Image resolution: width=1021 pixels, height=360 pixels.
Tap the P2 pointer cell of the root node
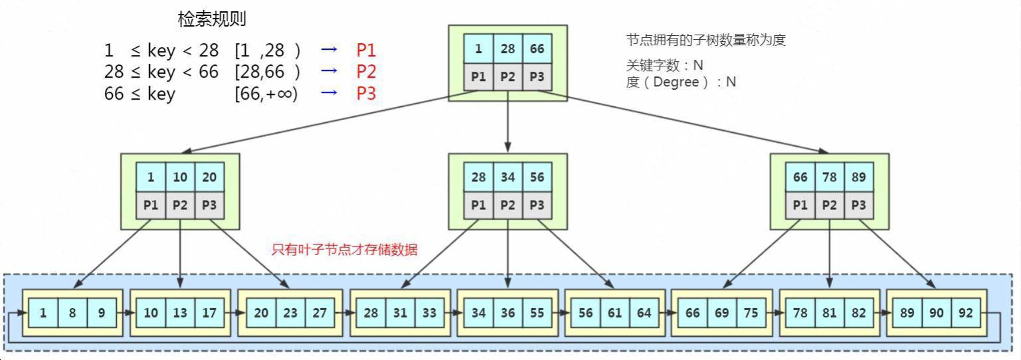point(508,76)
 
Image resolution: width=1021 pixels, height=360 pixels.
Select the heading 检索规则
point(212,19)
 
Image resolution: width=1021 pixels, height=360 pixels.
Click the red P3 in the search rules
point(366,94)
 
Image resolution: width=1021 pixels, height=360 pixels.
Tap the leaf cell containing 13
point(180,312)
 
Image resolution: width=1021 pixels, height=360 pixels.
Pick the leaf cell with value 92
point(965,312)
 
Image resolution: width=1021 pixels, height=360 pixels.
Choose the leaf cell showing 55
point(537,312)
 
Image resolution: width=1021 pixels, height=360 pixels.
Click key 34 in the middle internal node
point(508,178)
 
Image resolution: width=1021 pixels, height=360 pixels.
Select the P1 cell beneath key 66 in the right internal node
point(800,205)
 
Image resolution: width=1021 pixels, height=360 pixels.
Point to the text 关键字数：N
point(664,66)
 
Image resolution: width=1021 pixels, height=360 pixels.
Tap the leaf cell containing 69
point(721,312)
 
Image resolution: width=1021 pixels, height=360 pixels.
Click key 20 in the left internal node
point(209,178)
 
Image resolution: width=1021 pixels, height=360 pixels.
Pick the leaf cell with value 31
point(400,312)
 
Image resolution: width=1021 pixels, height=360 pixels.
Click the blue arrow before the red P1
point(329,50)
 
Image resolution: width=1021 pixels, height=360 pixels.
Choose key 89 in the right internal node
point(858,178)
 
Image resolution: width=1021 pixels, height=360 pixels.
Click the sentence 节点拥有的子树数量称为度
point(705,41)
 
